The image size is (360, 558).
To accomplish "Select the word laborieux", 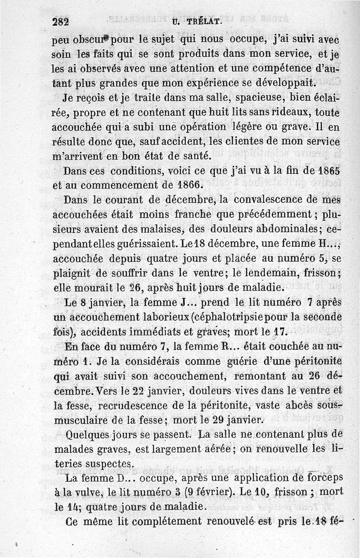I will [x=156, y=317].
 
